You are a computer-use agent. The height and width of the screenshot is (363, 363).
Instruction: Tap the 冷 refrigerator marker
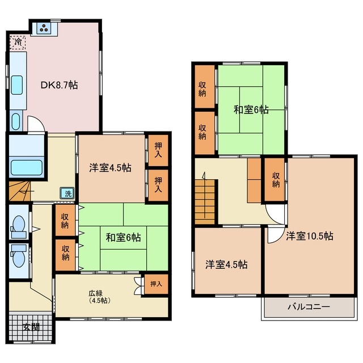coord(18,42)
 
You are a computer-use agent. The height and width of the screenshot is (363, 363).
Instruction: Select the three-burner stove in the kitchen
coord(44,27)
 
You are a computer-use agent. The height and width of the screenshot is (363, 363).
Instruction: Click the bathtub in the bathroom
coord(27,167)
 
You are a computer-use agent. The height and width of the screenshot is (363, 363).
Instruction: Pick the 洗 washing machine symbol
coord(67,193)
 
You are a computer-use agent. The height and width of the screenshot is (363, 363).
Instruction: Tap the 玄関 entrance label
coord(31,327)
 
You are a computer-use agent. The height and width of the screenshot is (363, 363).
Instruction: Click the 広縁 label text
coord(95,293)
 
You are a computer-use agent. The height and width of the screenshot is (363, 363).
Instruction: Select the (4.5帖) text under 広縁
coord(95,301)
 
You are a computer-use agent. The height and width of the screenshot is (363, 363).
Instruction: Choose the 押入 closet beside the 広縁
coord(156,284)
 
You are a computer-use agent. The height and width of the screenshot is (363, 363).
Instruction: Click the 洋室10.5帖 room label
coord(309,235)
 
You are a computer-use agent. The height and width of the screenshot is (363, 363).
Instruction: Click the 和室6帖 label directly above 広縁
coord(123,238)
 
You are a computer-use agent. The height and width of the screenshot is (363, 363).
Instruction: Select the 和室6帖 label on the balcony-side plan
coord(251,109)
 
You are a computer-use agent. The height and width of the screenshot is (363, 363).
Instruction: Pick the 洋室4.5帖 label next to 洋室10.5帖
coord(227,264)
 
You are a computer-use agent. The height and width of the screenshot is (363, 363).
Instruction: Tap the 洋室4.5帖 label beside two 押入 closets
coord(111,168)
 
